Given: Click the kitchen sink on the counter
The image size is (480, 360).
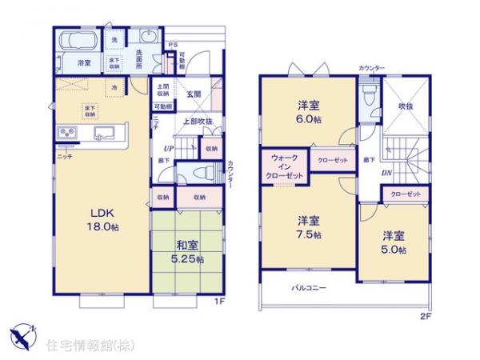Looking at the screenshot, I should point(102,133).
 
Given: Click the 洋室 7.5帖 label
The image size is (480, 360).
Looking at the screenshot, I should point(310,226).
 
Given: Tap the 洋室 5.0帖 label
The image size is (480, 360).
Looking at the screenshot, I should point(394,242).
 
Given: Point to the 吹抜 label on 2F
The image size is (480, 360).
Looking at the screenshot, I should point(406,105).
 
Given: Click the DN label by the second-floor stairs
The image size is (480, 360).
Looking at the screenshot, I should point(386,174).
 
